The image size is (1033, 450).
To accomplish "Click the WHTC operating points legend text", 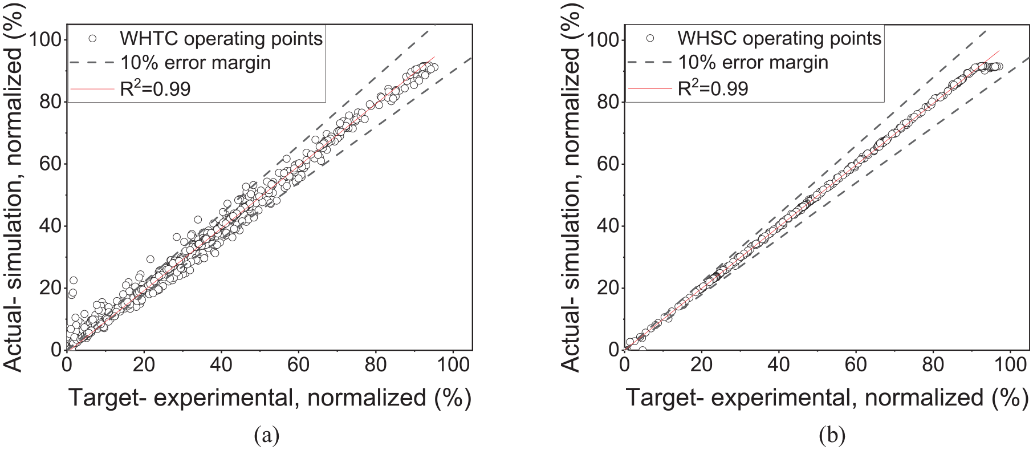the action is [221, 39].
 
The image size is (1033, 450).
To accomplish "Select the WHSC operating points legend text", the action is [779, 39].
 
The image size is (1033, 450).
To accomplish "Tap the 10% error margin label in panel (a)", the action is [196, 62].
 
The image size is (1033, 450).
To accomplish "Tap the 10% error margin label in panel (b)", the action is [753, 62].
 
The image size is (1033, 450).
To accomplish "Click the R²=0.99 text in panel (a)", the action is [155, 88].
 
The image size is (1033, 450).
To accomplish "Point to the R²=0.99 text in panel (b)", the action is [713, 88].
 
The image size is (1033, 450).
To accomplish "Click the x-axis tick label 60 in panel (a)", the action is [299, 364].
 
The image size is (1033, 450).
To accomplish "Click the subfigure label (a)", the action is [267, 436].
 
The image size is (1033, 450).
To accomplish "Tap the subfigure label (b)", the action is [832, 436].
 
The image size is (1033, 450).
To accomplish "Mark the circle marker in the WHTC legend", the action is [93, 39].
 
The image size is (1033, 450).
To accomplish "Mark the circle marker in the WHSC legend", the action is [650, 39].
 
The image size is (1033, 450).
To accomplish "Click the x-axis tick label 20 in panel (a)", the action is [144, 364].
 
